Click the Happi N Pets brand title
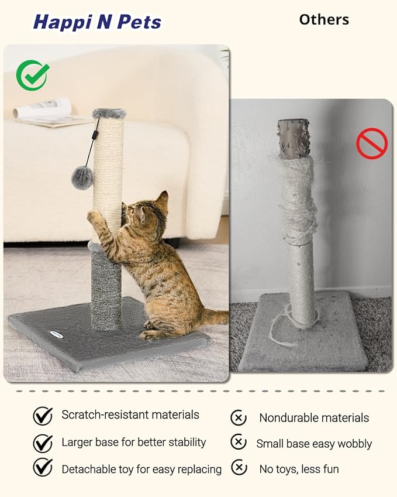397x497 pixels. coord(97,22)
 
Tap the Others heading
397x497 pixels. coord(324,19)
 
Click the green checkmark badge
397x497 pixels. coord(33,76)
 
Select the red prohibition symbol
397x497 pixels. coord(372,143)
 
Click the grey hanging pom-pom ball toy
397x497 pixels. coord(82,177)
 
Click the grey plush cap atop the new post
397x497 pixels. coord(109,113)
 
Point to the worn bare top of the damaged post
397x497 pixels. coord(294,138)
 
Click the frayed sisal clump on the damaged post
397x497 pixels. coord(298,199)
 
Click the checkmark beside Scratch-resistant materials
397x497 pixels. coord(43,416)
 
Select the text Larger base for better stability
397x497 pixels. coord(134,442)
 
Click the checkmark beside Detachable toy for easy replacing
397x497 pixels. coord(43,468)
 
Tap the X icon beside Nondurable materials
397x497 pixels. coord(239,417)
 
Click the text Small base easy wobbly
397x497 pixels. coord(314,444)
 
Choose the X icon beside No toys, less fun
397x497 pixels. coord(239,467)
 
